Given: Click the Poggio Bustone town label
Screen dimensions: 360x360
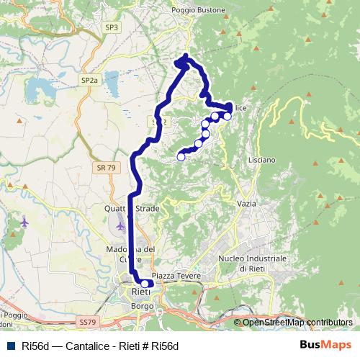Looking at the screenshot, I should pos(198,11).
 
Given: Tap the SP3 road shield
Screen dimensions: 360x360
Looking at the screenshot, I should pos(111,27).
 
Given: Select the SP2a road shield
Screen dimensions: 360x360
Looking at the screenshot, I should pos(89,80).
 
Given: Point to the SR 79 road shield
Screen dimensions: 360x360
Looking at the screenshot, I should pos(104,168).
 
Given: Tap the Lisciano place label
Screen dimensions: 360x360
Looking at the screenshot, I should pos(261,159).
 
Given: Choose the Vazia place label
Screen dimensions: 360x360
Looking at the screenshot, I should pos(247,204).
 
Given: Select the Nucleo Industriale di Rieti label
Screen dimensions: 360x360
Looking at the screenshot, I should pos(253,263).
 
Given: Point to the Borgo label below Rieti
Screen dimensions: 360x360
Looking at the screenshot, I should pos(138,306).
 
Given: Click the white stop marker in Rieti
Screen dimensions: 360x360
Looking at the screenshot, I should pos(145,284).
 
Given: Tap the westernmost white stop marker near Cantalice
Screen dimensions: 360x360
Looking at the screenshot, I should pos(181,156).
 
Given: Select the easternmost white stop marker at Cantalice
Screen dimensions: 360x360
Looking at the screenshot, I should pos(227,116).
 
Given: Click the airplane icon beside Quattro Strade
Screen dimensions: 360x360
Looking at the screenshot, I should pos(25,222).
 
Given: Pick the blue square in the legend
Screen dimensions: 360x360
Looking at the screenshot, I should pos(9,346).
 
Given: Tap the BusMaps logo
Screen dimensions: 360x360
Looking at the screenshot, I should pos(325,346).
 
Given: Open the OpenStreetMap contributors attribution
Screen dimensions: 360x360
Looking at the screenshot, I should pos(297,323).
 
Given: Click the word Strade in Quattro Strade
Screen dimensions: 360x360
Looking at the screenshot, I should pos(147,208).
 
